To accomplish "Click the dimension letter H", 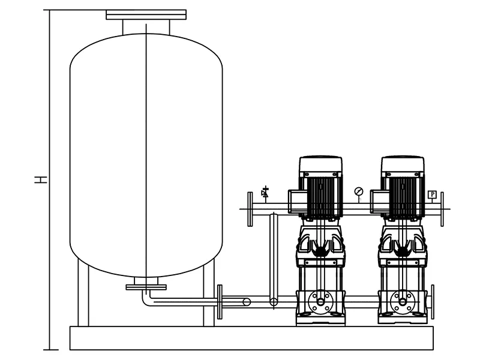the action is pos(41,179).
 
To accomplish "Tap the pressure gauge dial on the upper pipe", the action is pos(358,191).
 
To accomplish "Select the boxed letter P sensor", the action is pos(432,194).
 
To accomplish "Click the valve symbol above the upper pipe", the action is pos(265,192).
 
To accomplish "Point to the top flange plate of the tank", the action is pos(146,14).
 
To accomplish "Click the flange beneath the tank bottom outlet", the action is pos(146,287).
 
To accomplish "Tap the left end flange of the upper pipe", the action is pos(250,209).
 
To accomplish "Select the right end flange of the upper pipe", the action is pos(442,209).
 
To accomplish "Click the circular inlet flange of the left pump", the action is pos(320,302).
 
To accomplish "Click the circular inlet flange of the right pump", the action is pos(403,302).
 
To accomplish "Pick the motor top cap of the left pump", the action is pos(320,164).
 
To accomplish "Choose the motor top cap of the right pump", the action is pos(403,164).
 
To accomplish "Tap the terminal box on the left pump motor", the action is pos(298,202).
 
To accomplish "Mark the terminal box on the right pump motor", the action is pos(380,202).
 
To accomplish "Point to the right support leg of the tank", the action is pos(209,293).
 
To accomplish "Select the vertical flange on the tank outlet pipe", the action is pos(220,302).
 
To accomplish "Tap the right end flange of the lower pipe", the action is pos(433,302).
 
